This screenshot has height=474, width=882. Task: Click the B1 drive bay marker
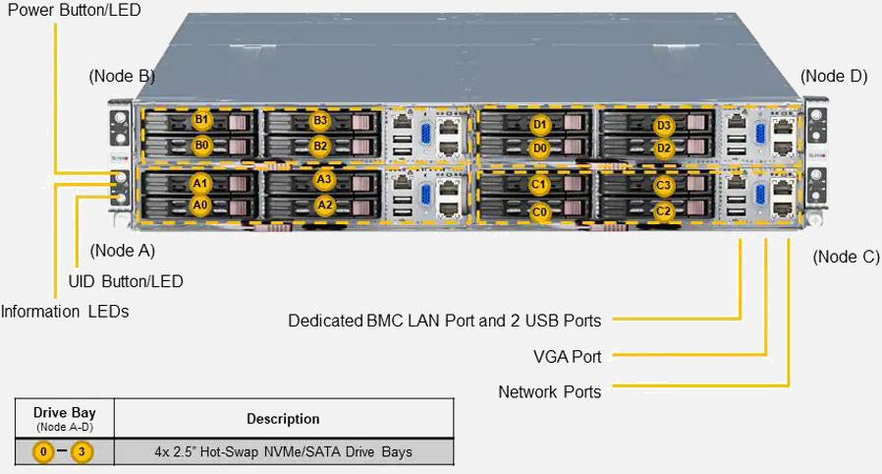pos(201,121)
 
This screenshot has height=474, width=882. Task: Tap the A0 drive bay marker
pos(200,205)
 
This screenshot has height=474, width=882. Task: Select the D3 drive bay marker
pos(664,125)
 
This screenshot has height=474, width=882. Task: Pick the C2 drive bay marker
pos(663,210)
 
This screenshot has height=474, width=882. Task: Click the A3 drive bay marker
pos(325,180)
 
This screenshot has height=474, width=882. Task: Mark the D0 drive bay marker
pos(539,148)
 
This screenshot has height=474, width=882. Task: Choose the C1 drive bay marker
pos(539,185)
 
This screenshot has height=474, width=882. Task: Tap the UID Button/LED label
pos(126,281)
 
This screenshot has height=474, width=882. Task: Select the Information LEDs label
pos(65,312)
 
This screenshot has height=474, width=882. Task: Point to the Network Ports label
pos(549,391)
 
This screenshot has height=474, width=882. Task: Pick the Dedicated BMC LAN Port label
pos(444,321)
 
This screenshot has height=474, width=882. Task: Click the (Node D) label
pos(834,76)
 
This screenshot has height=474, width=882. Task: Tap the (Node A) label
pos(122,250)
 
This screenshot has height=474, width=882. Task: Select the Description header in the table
pos(283,419)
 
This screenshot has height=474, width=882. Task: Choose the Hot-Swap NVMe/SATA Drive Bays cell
pos(283,452)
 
